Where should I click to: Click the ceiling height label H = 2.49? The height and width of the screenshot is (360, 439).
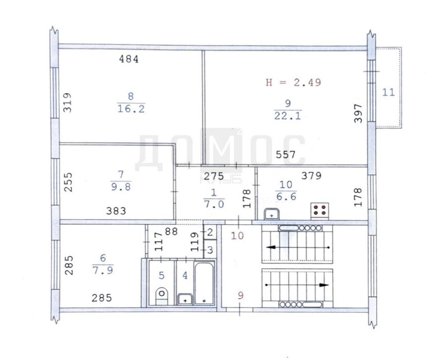click(293, 82)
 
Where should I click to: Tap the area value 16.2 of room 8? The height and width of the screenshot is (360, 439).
click(131, 109)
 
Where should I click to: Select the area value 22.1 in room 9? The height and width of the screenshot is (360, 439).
click(288, 116)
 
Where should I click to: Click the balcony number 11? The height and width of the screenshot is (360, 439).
click(389, 92)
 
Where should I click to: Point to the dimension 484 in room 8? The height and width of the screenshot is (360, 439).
click(129, 59)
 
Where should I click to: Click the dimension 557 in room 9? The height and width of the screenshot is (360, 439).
click(286, 154)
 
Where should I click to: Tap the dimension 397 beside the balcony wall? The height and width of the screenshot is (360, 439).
click(358, 113)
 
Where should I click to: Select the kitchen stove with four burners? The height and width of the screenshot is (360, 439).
click(320, 211)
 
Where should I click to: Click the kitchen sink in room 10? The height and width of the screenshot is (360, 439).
click(271, 214)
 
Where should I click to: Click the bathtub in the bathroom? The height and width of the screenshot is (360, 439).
click(204, 283)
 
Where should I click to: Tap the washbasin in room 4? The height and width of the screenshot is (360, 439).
click(185, 299)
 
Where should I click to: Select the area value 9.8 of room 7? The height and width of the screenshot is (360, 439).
click(121, 187)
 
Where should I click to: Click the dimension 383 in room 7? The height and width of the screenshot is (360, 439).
click(116, 211)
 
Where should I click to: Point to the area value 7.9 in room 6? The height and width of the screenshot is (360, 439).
click(103, 271)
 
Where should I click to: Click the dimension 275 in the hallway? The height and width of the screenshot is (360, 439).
click(214, 176)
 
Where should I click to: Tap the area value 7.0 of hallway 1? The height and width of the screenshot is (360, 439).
click(214, 205)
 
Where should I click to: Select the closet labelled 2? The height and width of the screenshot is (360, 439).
click(210, 232)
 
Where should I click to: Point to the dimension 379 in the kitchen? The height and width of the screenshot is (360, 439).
click(311, 176)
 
